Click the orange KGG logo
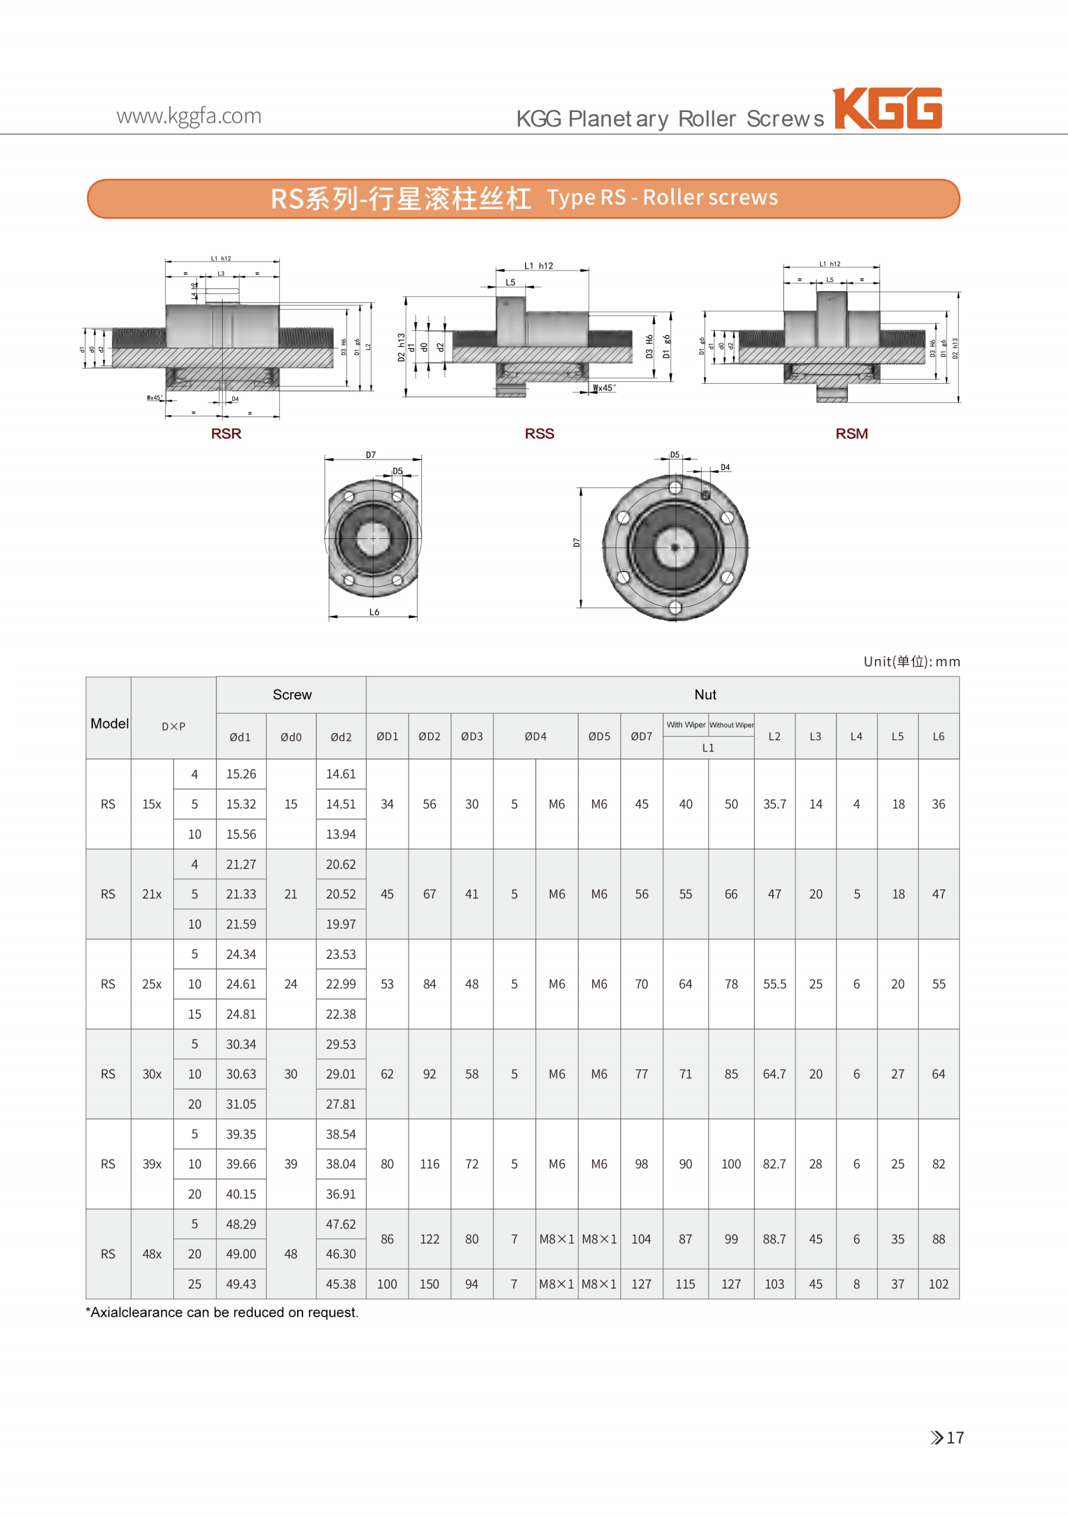(x=888, y=108)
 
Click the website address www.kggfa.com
(x=189, y=116)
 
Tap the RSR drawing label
(x=226, y=434)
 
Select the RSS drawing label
(x=539, y=434)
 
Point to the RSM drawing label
(x=851, y=434)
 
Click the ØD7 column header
(x=641, y=736)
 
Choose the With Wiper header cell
(x=686, y=725)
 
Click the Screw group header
(x=292, y=694)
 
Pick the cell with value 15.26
(x=241, y=774)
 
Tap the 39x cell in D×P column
(x=152, y=1164)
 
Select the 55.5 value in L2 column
(x=774, y=984)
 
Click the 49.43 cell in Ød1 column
(x=241, y=1284)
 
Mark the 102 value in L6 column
(x=938, y=1284)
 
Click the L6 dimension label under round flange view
(x=374, y=612)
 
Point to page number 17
(x=955, y=1437)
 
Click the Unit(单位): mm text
(x=911, y=661)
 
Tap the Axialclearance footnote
(x=222, y=1312)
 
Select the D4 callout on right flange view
(x=725, y=467)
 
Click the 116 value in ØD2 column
(x=429, y=1164)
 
